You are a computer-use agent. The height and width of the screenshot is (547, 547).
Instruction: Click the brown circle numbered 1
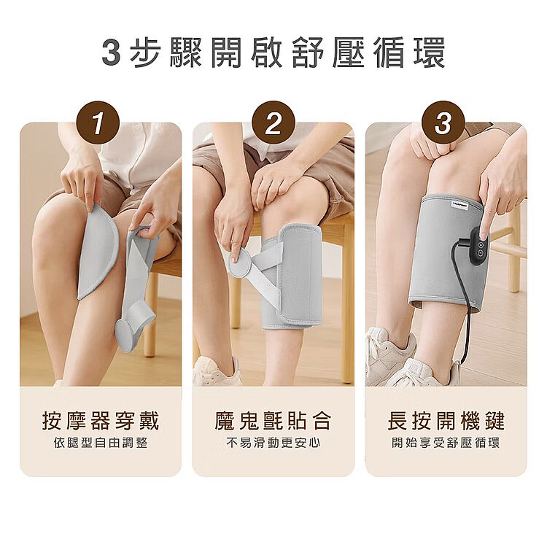tap(98, 123)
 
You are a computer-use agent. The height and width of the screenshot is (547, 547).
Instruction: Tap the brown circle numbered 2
tap(273, 123)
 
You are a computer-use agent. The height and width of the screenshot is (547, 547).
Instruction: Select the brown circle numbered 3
tap(443, 123)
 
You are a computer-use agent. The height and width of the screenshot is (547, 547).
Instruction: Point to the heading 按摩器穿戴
tap(101, 421)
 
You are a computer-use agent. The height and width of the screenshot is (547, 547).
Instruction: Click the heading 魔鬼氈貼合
tap(273, 421)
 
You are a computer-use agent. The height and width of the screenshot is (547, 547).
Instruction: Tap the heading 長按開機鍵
tap(446, 421)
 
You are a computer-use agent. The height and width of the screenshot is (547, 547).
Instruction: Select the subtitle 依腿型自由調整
tap(101, 443)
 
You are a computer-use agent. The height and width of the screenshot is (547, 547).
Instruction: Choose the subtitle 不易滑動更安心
tap(273, 443)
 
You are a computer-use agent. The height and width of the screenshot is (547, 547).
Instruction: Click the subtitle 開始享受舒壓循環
tap(446, 443)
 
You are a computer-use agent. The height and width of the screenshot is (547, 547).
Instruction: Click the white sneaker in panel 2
tap(217, 372)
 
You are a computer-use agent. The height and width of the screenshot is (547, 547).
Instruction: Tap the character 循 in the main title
tap(391, 53)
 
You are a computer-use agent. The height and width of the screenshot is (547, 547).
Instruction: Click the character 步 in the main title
tap(146, 53)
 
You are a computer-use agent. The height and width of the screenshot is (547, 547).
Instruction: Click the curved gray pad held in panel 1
tap(98, 252)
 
